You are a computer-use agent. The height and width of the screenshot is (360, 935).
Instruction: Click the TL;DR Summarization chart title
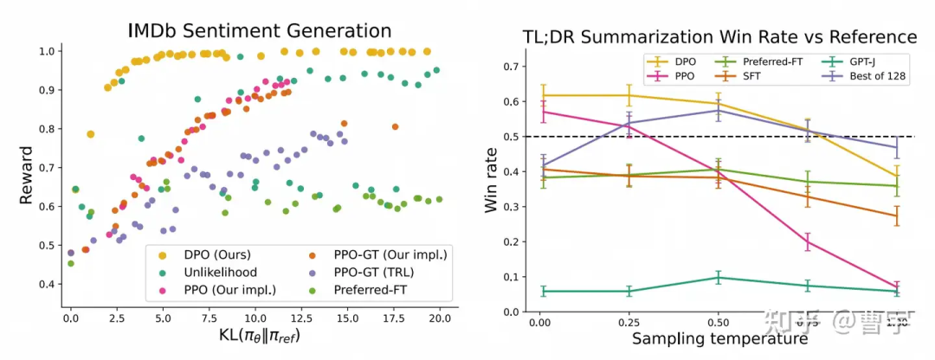pos(719,37)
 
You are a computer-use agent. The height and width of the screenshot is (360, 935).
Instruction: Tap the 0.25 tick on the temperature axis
pos(628,322)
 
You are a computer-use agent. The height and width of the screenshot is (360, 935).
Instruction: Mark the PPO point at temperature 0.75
pos(808,242)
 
